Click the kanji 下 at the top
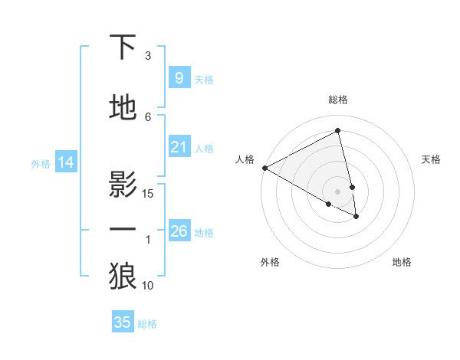click(123, 47)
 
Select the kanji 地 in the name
click(123, 108)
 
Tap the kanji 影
click(123, 185)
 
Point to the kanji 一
click(123, 229)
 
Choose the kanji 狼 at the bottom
click(123, 276)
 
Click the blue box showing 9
click(179, 77)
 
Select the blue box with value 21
click(179, 147)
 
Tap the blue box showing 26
click(179, 231)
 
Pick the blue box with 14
click(65, 162)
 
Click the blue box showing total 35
click(122, 322)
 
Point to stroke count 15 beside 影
click(149, 193)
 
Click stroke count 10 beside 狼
click(149, 286)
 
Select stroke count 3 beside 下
click(148, 56)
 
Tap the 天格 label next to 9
click(204, 79)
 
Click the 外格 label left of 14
click(41, 163)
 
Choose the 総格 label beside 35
click(147, 324)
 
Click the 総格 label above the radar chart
click(338, 100)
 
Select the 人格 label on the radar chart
click(245, 159)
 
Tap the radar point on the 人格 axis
click(264, 168)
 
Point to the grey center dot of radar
click(338, 191)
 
